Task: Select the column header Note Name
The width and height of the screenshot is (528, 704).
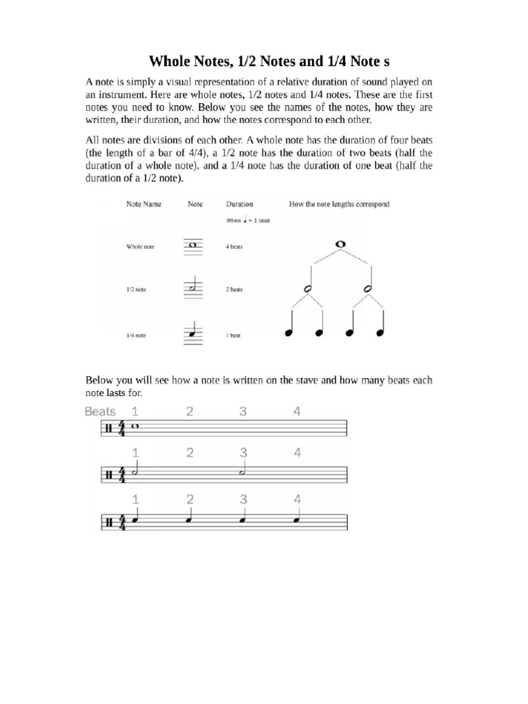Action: pyautogui.click(x=143, y=204)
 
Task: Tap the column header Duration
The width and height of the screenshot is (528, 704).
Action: pyautogui.click(x=239, y=204)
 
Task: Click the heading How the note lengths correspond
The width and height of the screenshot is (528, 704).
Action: pyautogui.click(x=340, y=204)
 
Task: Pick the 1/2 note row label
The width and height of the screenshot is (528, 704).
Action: pyautogui.click(x=136, y=290)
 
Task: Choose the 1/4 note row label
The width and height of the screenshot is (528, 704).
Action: pyautogui.click(x=136, y=335)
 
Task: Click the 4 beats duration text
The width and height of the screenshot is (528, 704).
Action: pyautogui.click(x=235, y=246)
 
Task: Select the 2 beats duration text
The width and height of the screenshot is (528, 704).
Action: pyautogui.click(x=235, y=290)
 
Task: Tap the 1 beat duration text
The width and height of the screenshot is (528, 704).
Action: pyautogui.click(x=234, y=335)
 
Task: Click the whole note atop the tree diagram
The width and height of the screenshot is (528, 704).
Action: pyautogui.click(x=338, y=244)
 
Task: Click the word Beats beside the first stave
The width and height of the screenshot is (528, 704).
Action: pyautogui.click(x=100, y=412)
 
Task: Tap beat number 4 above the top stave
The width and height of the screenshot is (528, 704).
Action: pyautogui.click(x=296, y=412)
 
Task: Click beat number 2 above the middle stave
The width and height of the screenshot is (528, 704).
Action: pyautogui.click(x=189, y=453)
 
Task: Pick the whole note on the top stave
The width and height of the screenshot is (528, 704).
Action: pyautogui.click(x=135, y=427)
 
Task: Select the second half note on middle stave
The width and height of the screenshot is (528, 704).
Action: pyautogui.click(x=243, y=472)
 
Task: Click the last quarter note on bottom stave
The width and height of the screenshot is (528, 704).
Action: pyautogui.click(x=296, y=519)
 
